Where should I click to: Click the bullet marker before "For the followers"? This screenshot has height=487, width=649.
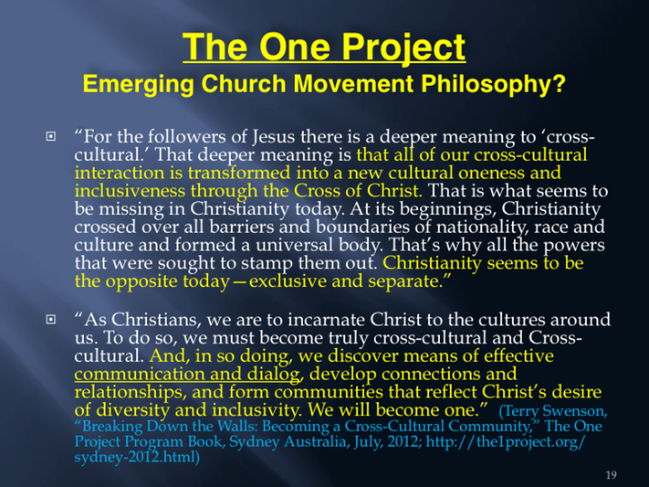pos(50,136)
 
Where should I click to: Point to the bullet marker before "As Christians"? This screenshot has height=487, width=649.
pos(50,319)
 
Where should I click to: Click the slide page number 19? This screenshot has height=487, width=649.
pos(611,475)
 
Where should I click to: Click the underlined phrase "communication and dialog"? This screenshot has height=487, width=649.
pos(187,375)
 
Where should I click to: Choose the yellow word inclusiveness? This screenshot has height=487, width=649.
pos(129,191)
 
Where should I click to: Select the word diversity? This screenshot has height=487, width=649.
pos(133,411)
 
